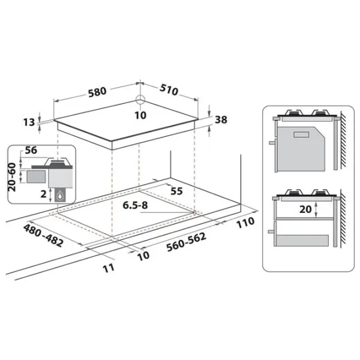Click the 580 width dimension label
(x=98, y=92)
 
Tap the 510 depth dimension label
(x=169, y=90)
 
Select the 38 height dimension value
(x=221, y=119)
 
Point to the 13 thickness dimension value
(x=29, y=122)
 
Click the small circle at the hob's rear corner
(x=140, y=100)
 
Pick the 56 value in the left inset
(x=31, y=150)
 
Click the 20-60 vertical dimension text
(x=12, y=177)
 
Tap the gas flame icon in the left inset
(x=60, y=196)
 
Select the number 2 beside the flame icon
(x=43, y=194)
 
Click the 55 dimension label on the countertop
(x=176, y=191)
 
